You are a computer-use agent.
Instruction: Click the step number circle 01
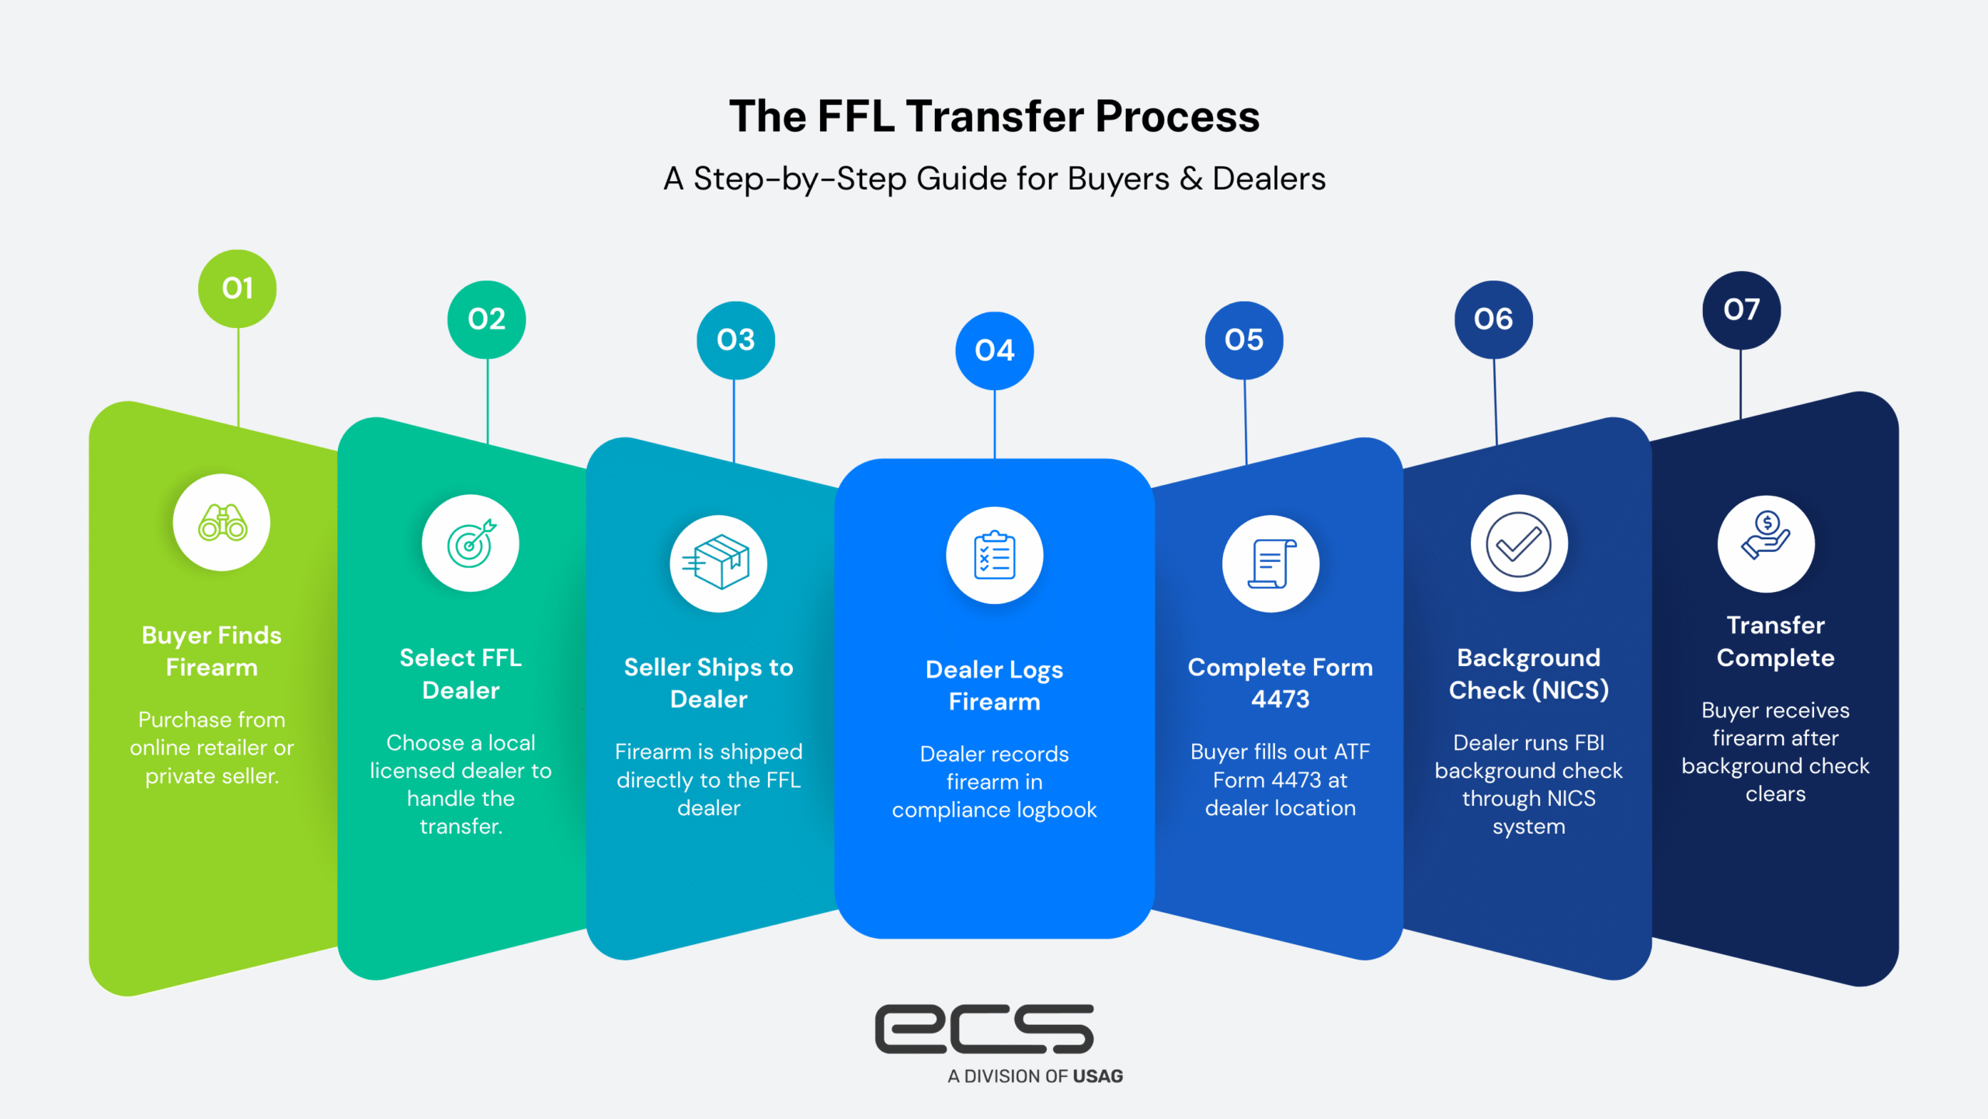[238, 289]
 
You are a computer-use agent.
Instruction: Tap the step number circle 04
[994, 350]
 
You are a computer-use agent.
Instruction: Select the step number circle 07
[1741, 310]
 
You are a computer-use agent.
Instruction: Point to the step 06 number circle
[1493, 319]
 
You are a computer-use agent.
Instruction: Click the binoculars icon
[222, 523]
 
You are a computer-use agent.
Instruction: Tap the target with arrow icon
[471, 543]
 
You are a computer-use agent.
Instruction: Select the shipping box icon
[718, 563]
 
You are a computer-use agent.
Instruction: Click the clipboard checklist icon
[994, 556]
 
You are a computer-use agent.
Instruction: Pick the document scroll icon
[1270, 563]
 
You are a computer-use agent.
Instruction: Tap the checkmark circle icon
[1519, 544]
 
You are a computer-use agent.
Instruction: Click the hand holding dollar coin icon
[1766, 544]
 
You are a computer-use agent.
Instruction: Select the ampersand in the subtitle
[1190, 180]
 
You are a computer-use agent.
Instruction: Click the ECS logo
[985, 1029]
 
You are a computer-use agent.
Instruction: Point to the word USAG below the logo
[1097, 1076]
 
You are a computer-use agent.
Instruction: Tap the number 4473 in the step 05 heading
[1280, 699]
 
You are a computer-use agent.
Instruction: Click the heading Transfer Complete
[1775, 642]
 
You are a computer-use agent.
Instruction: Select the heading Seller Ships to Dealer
[708, 683]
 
